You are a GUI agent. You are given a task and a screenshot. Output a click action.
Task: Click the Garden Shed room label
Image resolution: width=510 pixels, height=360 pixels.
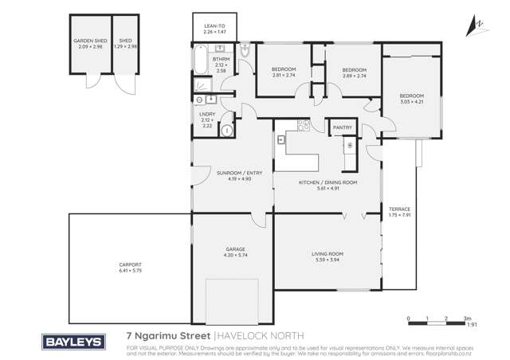point(90,40)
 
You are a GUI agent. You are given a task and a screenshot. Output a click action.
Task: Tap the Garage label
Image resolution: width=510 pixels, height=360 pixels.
point(234,248)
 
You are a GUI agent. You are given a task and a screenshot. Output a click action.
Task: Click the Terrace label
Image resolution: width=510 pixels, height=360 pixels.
point(399,209)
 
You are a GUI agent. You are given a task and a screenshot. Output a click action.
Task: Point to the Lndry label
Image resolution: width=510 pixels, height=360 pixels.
point(206,115)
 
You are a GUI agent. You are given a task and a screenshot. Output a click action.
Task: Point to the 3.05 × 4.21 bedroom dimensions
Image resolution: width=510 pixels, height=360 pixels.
point(412,102)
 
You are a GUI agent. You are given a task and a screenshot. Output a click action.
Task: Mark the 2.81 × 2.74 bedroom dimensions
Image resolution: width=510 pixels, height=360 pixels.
point(284,76)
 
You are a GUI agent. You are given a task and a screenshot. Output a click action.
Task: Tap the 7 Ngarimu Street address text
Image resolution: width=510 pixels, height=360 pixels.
point(168,336)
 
